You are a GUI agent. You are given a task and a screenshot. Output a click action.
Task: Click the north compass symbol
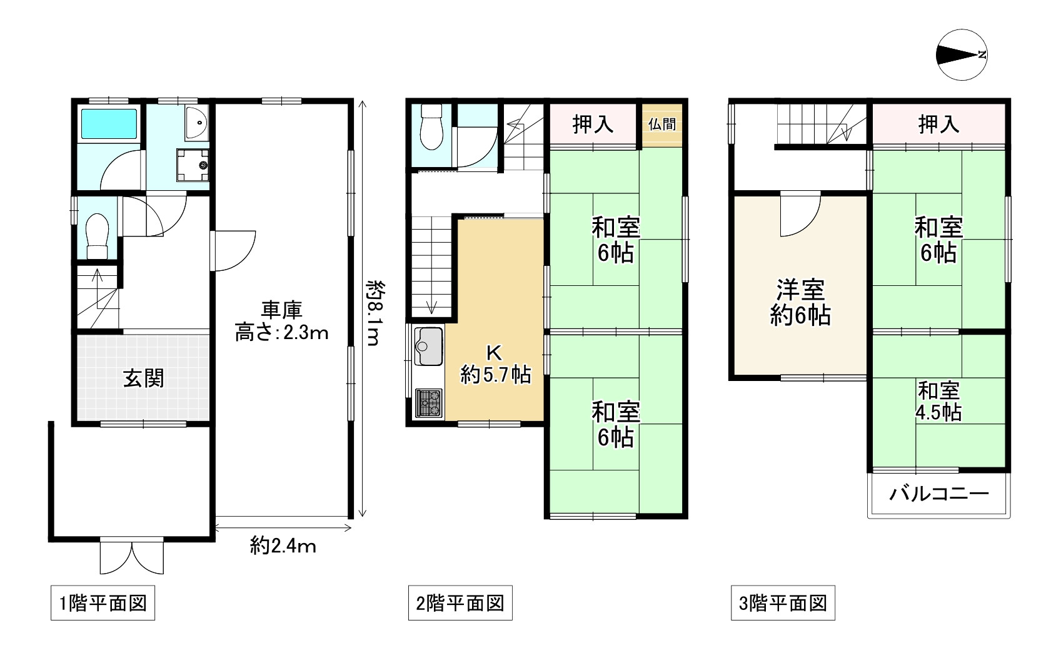click(x=962, y=55)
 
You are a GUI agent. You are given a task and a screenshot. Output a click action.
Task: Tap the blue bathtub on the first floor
click(x=109, y=124)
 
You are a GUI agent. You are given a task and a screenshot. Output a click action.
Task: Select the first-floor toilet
click(x=97, y=236)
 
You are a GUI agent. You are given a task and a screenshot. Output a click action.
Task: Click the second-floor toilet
click(x=431, y=126)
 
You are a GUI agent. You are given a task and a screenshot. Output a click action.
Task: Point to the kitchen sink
click(x=429, y=346)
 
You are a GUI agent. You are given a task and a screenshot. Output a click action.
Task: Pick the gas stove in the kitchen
click(x=428, y=403)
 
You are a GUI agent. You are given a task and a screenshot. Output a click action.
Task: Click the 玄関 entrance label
click(x=143, y=378)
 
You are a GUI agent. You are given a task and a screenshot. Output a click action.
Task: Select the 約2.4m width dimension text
click(x=283, y=546)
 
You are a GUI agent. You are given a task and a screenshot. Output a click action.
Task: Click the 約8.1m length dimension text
click(x=375, y=313)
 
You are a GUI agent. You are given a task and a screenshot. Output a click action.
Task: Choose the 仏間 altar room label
click(x=662, y=124)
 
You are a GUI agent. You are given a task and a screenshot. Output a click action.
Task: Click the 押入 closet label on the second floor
click(x=593, y=124)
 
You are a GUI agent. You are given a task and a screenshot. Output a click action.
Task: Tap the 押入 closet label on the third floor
click(x=938, y=124)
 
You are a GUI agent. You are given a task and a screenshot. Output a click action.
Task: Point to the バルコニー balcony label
click(x=939, y=494)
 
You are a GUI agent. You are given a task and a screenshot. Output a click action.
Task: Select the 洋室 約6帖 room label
click(x=800, y=303)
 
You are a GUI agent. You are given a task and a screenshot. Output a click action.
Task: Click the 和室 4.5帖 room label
click(x=938, y=401)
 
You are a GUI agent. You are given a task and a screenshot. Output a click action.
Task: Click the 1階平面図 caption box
click(x=103, y=603)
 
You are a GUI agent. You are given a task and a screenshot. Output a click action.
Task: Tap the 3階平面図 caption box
click(x=783, y=603)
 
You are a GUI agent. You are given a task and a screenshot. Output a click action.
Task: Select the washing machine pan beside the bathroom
click(x=193, y=165)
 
